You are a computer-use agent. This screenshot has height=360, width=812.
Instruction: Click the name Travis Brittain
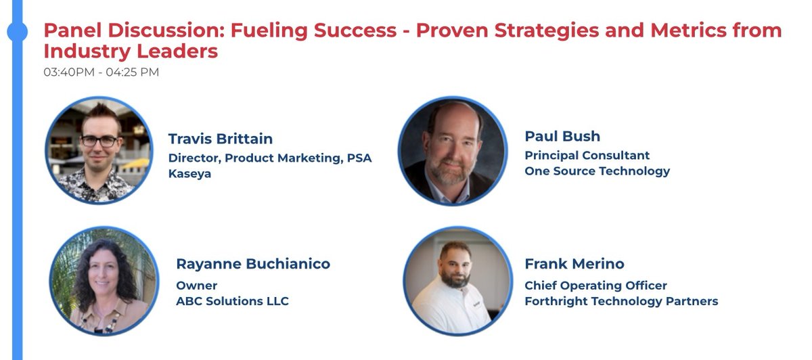(221, 139)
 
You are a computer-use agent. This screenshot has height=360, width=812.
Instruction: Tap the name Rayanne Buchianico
(253, 264)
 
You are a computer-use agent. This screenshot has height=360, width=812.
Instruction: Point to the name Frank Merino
(574, 264)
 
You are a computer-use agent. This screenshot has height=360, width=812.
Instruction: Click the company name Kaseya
(191, 174)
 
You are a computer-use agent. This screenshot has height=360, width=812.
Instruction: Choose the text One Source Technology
(597, 171)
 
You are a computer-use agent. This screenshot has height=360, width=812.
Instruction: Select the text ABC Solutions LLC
(232, 301)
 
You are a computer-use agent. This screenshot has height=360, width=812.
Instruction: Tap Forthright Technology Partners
(621, 301)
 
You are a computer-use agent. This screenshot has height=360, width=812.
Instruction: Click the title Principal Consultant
(587, 155)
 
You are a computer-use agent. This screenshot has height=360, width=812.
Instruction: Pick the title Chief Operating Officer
(595, 285)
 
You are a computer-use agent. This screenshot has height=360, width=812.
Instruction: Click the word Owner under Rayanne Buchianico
(197, 285)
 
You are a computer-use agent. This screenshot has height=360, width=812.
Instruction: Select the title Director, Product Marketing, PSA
(270, 158)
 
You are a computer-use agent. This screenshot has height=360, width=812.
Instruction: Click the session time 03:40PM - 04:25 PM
(101, 72)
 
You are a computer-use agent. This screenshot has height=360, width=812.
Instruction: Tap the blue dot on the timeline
(16, 31)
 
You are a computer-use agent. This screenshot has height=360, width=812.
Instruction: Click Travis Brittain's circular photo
(99, 150)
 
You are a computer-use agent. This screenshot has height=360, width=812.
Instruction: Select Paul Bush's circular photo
(452, 150)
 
